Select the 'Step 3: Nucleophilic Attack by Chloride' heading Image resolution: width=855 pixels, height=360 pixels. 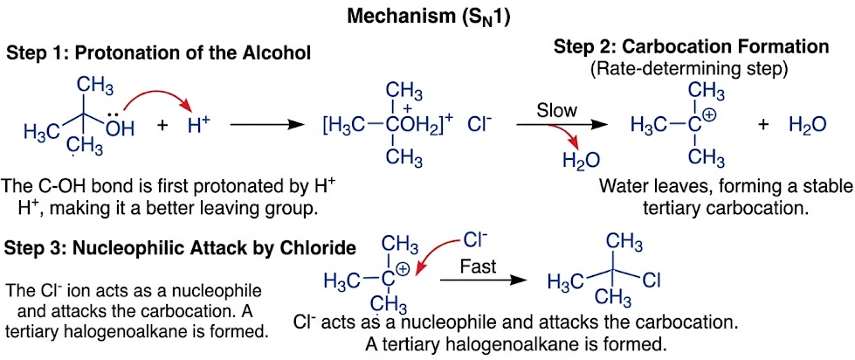pyautogui.click(x=180, y=248)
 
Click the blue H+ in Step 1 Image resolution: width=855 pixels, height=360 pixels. pyautogui.click(x=198, y=126)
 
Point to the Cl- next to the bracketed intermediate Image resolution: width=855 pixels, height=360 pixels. pyautogui.click(x=480, y=126)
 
